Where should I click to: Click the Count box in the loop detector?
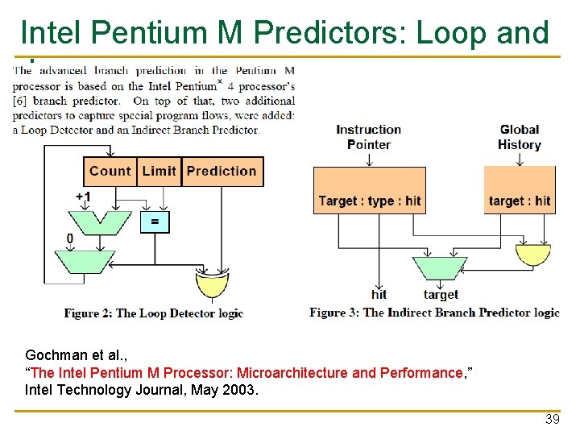110,171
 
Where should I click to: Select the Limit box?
159,171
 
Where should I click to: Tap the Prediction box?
222,171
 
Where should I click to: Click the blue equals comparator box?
155,222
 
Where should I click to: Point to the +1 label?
83,197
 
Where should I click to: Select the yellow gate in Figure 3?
532,255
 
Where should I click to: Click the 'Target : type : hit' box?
369,201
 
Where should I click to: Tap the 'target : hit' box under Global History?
520,201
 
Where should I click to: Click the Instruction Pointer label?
369,137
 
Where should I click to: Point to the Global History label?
520,137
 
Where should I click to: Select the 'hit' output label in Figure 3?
379,294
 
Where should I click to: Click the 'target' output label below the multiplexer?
441,295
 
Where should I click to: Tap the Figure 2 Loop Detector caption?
153,313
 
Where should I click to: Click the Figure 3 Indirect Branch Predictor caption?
434,313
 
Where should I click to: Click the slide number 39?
552,419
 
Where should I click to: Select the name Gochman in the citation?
52,355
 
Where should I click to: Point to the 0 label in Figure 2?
70,238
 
